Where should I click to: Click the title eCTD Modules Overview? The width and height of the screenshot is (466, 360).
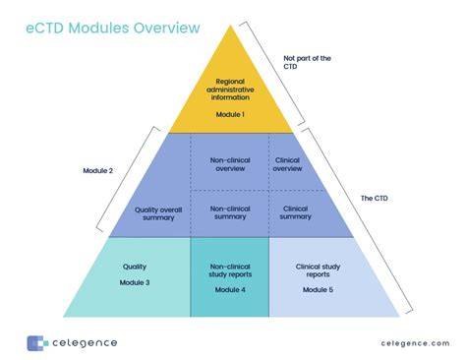113,28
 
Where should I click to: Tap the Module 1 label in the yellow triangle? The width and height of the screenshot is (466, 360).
230,114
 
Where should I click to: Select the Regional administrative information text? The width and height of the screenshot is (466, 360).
230,90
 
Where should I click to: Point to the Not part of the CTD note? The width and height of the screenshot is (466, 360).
307,62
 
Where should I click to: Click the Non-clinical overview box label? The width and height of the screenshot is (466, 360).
230,164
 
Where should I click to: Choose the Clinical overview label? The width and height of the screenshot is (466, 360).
287,164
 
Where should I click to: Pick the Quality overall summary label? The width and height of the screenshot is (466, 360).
158,213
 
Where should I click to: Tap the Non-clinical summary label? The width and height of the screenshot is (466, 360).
230,212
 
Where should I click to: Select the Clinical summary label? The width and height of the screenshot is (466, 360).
295,212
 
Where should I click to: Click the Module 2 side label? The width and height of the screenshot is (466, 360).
97,170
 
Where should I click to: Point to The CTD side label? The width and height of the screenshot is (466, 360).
374,198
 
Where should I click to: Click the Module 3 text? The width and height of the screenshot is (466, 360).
135,282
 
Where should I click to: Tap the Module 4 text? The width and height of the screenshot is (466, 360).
230,289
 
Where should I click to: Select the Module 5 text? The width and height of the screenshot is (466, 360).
318,289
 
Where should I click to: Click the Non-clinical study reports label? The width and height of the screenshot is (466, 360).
230,270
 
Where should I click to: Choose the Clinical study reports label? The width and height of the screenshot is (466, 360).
318,270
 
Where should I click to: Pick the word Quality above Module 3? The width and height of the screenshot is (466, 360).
135,267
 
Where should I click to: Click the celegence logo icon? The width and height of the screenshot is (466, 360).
37,343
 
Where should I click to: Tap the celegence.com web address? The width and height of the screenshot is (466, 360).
415,343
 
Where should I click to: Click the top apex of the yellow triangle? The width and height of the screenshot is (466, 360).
230,26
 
